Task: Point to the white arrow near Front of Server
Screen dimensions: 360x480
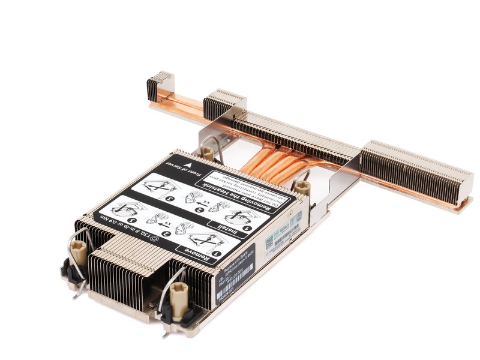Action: (x=189, y=163)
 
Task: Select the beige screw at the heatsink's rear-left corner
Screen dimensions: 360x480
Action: (x=208, y=152)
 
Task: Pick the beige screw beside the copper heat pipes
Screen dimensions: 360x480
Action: (x=302, y=188)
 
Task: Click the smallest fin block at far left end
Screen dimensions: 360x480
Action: (x=159, y=87)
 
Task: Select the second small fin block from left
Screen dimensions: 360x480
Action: (x=222, y=105)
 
